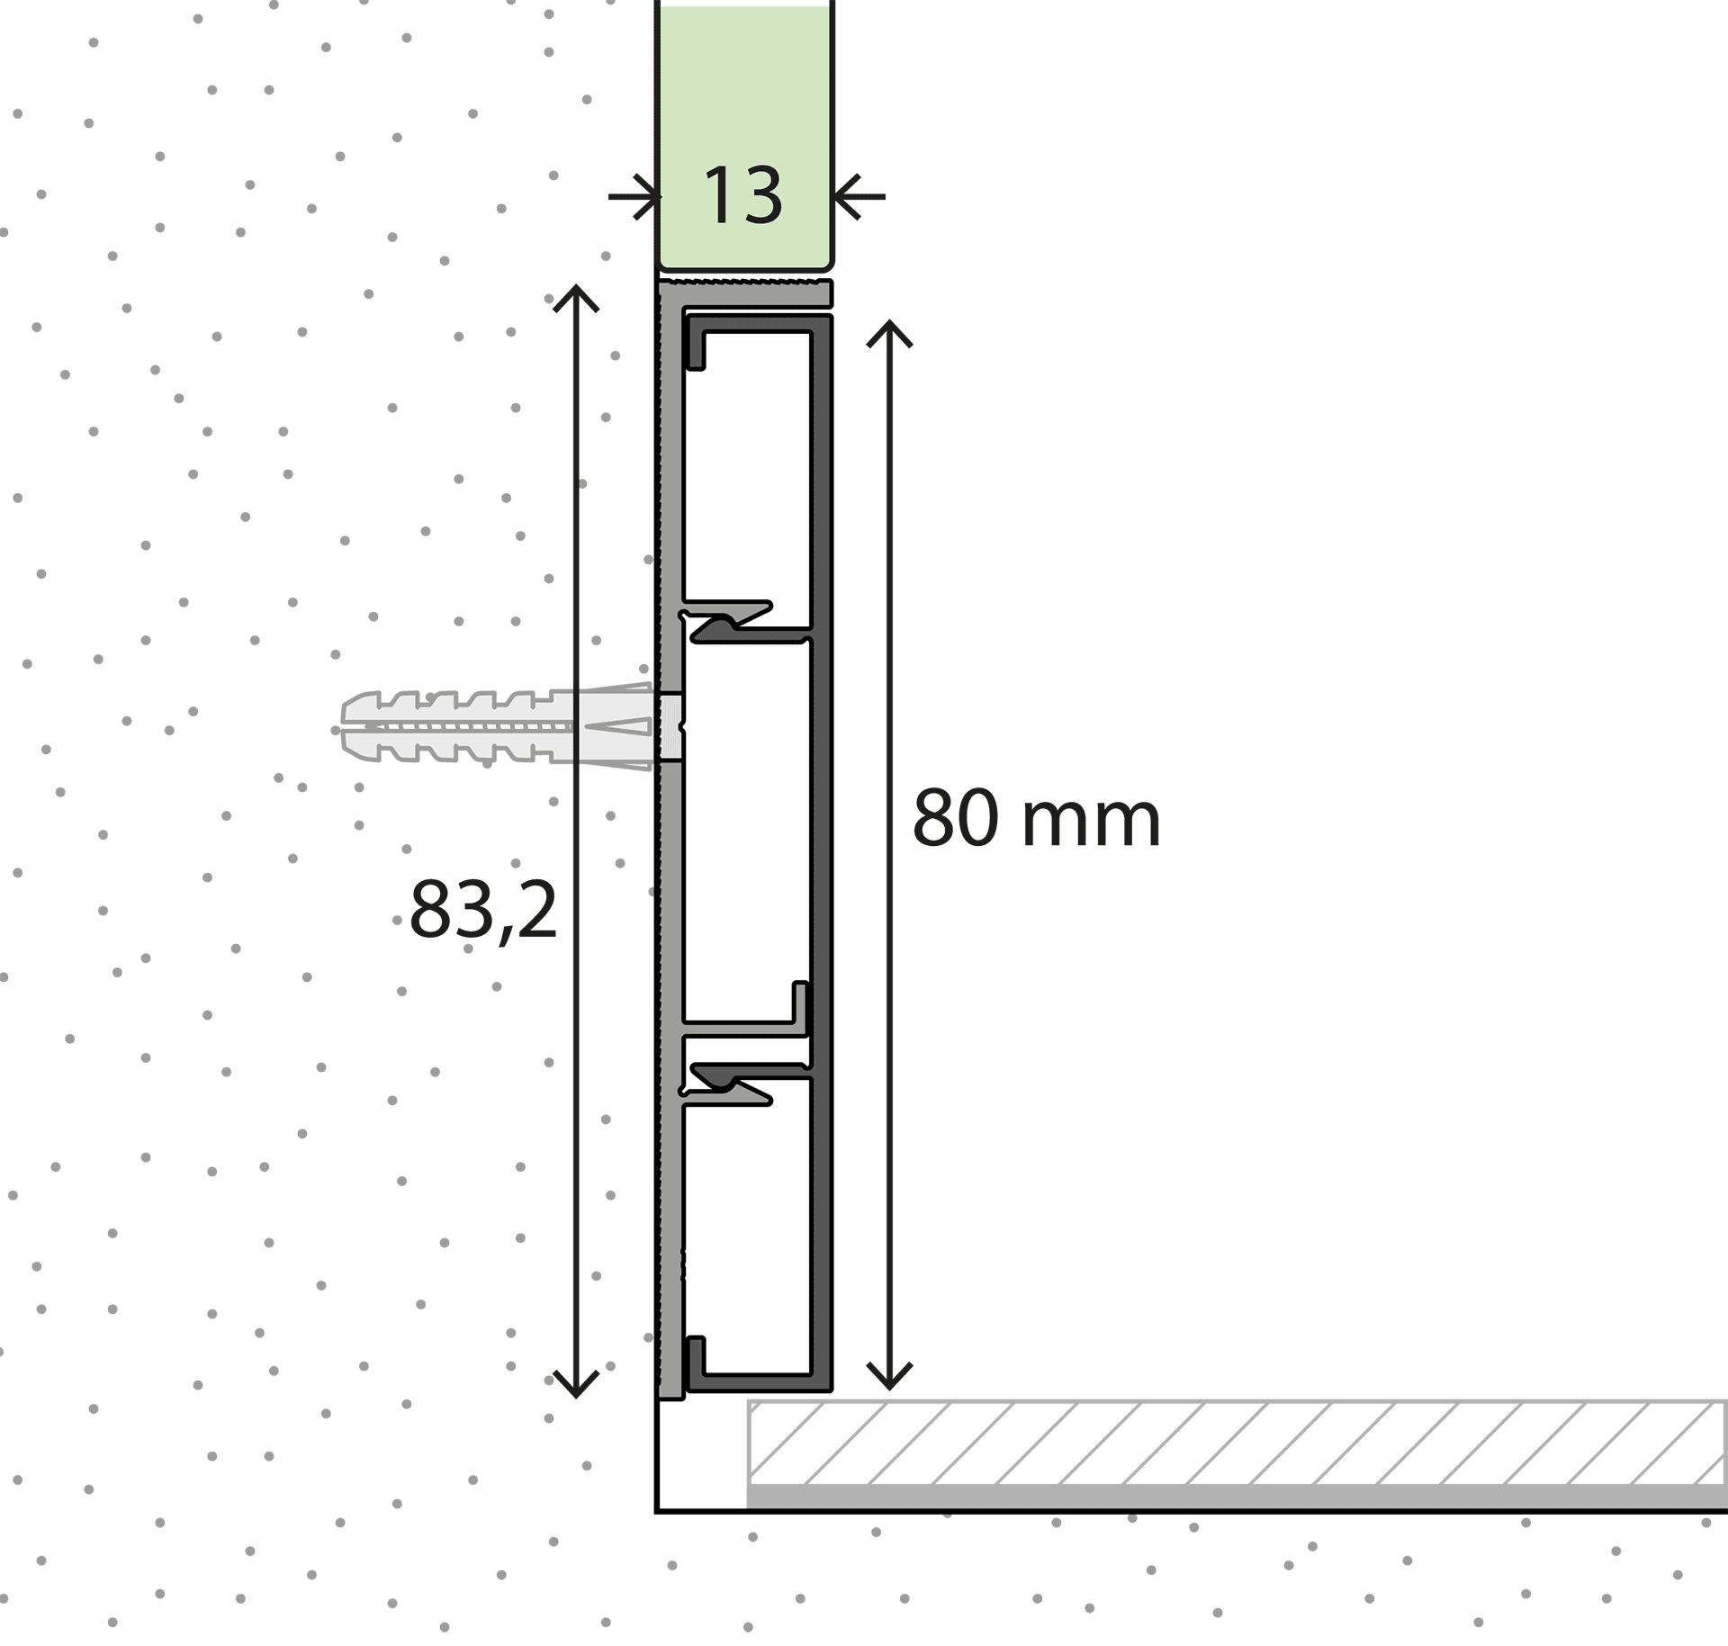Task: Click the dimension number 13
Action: coord(742,195)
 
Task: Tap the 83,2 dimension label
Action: coord(483,910)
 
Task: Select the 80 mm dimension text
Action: coord(1036,818)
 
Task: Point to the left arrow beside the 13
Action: coord(634,196)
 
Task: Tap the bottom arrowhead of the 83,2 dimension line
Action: coord(576,1384)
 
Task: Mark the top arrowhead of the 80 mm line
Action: coord(890,333)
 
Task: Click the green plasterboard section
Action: coord(744,135)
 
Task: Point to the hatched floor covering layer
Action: coord(1237,1443)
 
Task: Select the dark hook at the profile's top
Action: coord(695,342)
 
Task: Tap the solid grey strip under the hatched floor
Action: coord(1237,1496)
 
